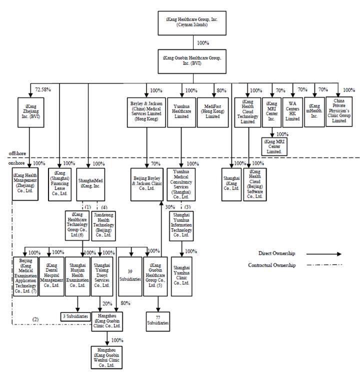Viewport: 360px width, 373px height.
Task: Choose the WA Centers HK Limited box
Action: point(292,111)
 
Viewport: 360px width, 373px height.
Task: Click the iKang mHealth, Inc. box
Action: point(314,111)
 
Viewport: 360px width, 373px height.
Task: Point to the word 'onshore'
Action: point(17,163)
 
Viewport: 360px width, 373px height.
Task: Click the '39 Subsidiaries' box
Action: point(130,274)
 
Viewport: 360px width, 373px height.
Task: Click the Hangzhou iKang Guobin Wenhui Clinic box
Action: point(106,357)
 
